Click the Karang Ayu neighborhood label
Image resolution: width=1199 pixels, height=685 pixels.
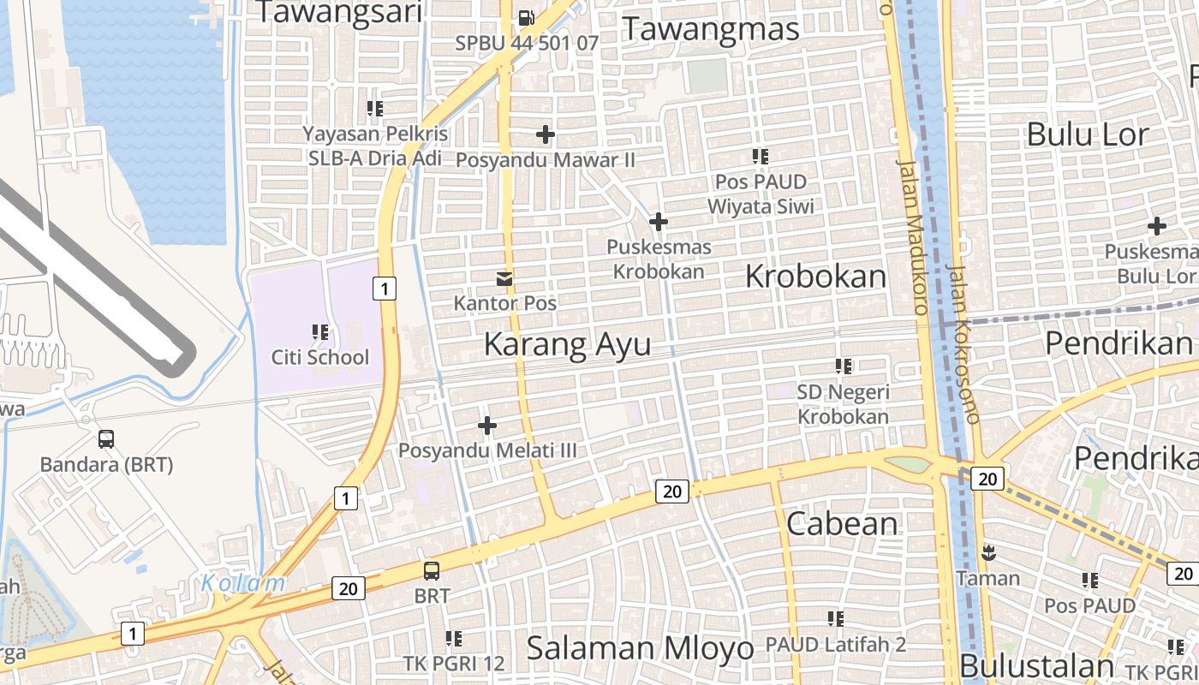(567, 344)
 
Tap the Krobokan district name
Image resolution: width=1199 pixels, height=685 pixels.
(815, 277)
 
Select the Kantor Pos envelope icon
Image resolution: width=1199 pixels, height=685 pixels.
(504, 278)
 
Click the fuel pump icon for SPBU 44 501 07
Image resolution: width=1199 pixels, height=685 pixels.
(526, 17)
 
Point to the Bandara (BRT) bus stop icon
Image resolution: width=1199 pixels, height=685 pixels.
(106, 439)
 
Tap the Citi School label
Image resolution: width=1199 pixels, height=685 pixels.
(319, 357)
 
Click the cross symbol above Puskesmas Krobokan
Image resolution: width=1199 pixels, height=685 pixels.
(658, 223)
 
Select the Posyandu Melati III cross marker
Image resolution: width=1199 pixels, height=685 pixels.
(487, 425)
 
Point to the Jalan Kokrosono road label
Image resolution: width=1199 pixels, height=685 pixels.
(964, 342)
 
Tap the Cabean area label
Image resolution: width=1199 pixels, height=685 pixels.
(842, 523)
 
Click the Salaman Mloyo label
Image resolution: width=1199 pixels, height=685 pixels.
(640, 648)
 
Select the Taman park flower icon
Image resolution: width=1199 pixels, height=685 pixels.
(988, 552)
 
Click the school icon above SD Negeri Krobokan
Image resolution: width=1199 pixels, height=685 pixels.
(844, 366)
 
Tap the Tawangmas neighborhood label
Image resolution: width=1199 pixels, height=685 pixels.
(711, 28)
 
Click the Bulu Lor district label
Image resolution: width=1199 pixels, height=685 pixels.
(1087, 134)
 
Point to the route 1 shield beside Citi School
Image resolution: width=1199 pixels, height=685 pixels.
(385, 289)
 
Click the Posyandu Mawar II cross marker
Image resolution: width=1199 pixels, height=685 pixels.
(545, 134)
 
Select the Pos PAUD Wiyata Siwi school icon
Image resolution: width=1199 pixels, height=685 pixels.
(761, 157)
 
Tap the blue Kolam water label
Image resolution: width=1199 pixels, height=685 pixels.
(243, 583)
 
